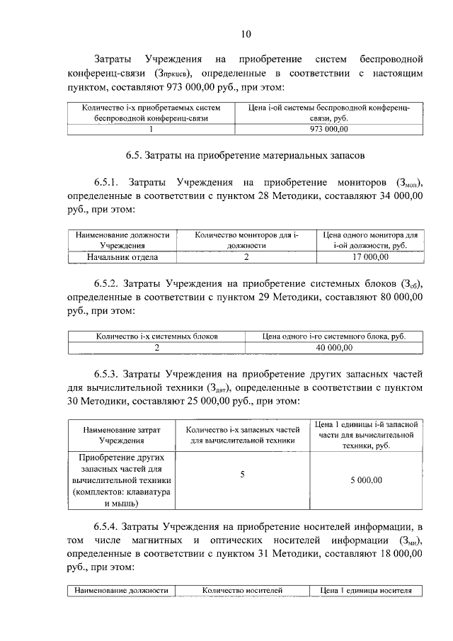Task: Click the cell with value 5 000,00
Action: (x=365, y=480)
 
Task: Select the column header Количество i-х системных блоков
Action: (x=156, y=336)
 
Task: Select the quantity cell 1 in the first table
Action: (x=151, y=130)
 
